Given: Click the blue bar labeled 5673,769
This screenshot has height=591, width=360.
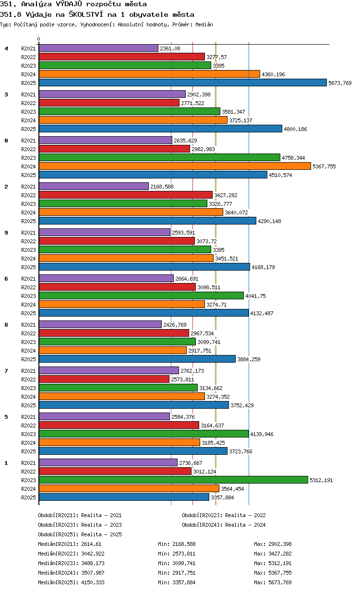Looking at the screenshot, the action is [182, 83].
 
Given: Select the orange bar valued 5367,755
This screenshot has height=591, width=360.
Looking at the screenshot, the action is [175, 166].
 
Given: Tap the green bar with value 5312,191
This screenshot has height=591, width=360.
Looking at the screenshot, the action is [173, 480].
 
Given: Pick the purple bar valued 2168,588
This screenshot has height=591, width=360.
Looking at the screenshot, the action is [94, 186].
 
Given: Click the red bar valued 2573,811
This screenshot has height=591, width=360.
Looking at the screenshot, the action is [104, 379].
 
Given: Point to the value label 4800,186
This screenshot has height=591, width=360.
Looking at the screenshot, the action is [295, 129].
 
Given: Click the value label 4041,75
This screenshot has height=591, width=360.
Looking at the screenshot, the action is [255, 296].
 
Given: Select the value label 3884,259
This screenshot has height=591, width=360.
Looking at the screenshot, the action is [249, 359].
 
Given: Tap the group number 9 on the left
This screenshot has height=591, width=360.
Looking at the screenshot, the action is [6, 233].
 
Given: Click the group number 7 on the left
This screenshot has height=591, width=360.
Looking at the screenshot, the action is [6, 371].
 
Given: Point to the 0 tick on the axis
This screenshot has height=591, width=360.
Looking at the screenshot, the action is [39, 39].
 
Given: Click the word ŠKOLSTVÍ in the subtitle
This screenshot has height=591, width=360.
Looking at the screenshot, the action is [86, 14].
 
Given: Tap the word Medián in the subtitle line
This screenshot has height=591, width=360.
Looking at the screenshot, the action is [204, 24].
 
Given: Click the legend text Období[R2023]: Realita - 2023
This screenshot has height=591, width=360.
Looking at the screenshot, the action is [80, 525].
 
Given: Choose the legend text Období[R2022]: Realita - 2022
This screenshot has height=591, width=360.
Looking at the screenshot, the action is [224, 515].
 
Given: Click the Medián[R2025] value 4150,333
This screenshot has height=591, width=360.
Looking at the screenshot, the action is [93, 582].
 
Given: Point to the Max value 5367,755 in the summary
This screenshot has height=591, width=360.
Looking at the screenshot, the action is [280, 573].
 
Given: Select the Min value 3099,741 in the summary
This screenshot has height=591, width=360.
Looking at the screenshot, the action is [184, 563].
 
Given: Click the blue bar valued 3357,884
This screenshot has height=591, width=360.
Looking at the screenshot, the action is [124, 497].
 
